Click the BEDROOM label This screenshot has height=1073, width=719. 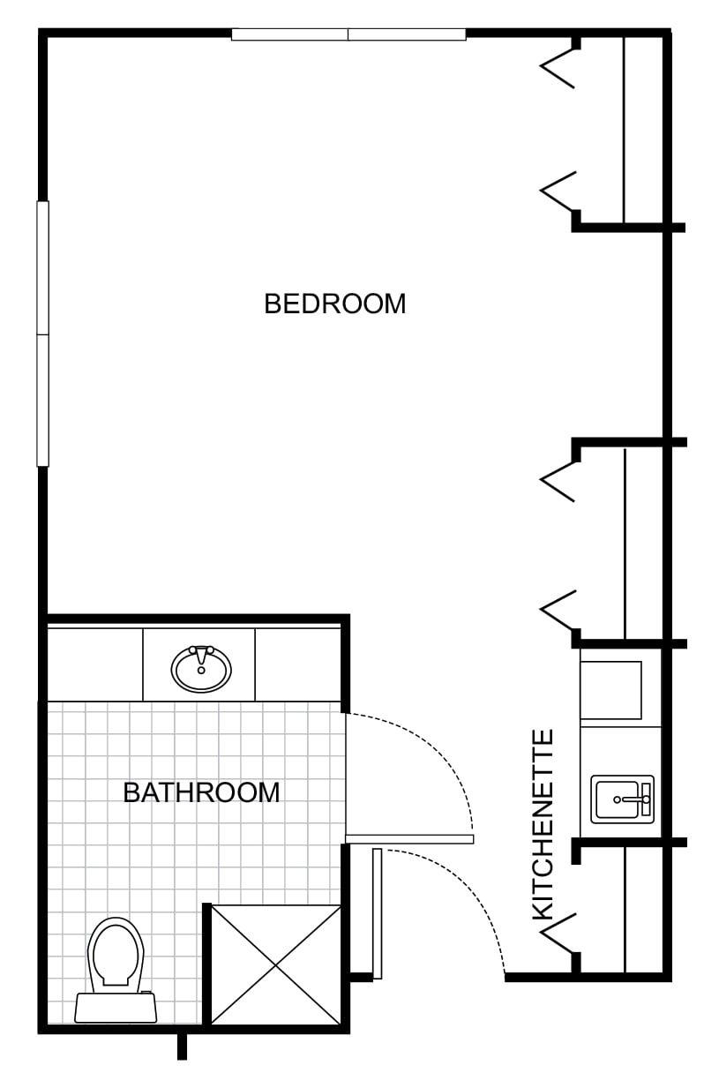point(335,304)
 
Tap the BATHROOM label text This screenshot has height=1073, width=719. point(202,792)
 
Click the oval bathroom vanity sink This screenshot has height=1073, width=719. point(201,669)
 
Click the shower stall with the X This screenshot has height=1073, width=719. point(276,964)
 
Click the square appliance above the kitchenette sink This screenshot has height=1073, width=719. point(610,690)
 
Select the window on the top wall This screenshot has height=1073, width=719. point(348,34)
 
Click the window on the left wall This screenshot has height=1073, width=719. point(43,334)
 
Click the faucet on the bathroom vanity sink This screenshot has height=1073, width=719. point(201,653)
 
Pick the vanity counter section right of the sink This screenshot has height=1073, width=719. point(298,664)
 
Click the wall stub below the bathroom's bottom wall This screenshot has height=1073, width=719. point(182,1047)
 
